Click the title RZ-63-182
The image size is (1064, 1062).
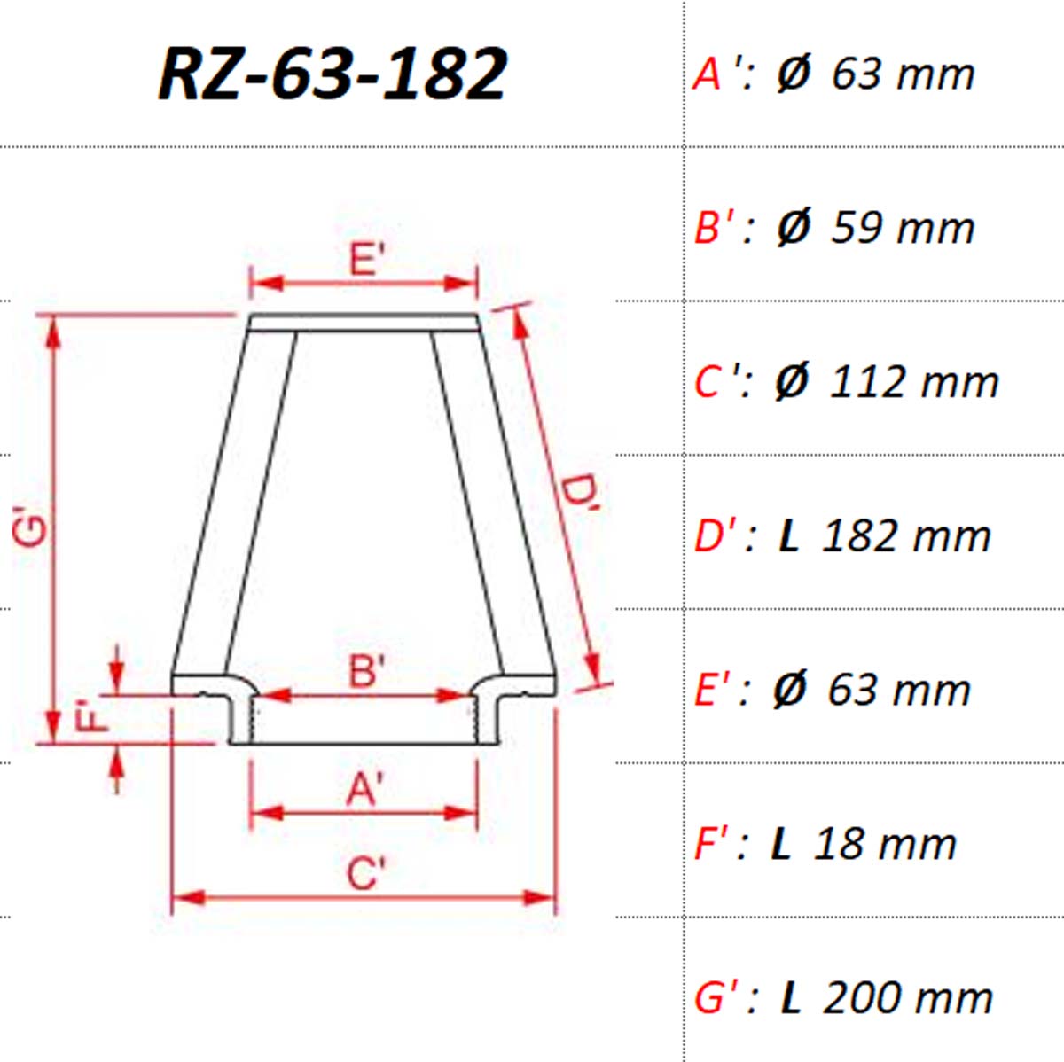pyautogui.click(x=332, y=74)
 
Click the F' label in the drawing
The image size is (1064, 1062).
pyautogui.click(x=90, y=715)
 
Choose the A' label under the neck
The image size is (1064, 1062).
pyautogui.click(x=364, y=789)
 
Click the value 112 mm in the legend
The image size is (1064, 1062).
pyautogui.click(x=914, y=382)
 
